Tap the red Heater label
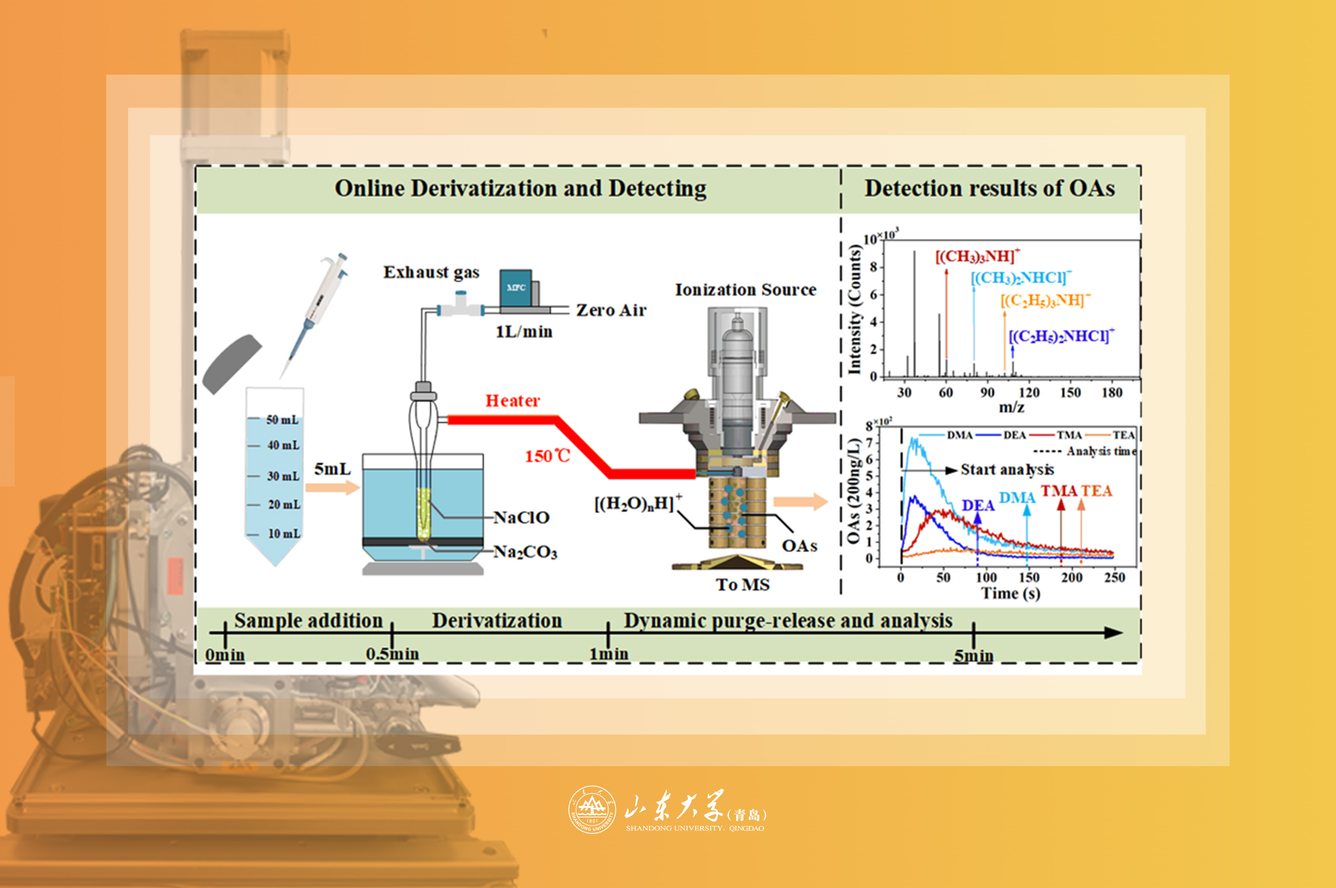point(513,401)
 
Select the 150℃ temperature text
point(547,456)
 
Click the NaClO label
point(521,517)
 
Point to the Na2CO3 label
point(525,552)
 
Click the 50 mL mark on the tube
point(282,420)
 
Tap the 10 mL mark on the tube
point(284,533)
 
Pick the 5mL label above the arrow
point(332,469)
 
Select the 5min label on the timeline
point(973,656)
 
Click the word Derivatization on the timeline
point(497,621)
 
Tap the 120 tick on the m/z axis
point(1029,393)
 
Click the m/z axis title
point(1012,407)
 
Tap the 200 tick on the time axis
point(1072,577)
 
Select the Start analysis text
point(1007,470)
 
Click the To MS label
point(743,585)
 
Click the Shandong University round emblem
point(592,809)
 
